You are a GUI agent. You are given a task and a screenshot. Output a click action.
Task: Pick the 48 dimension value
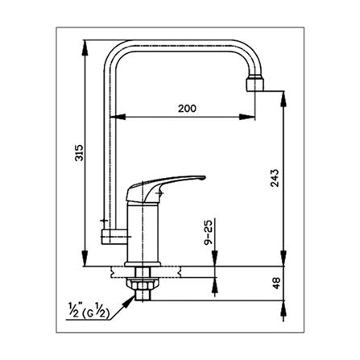click(x=276, y=284)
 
